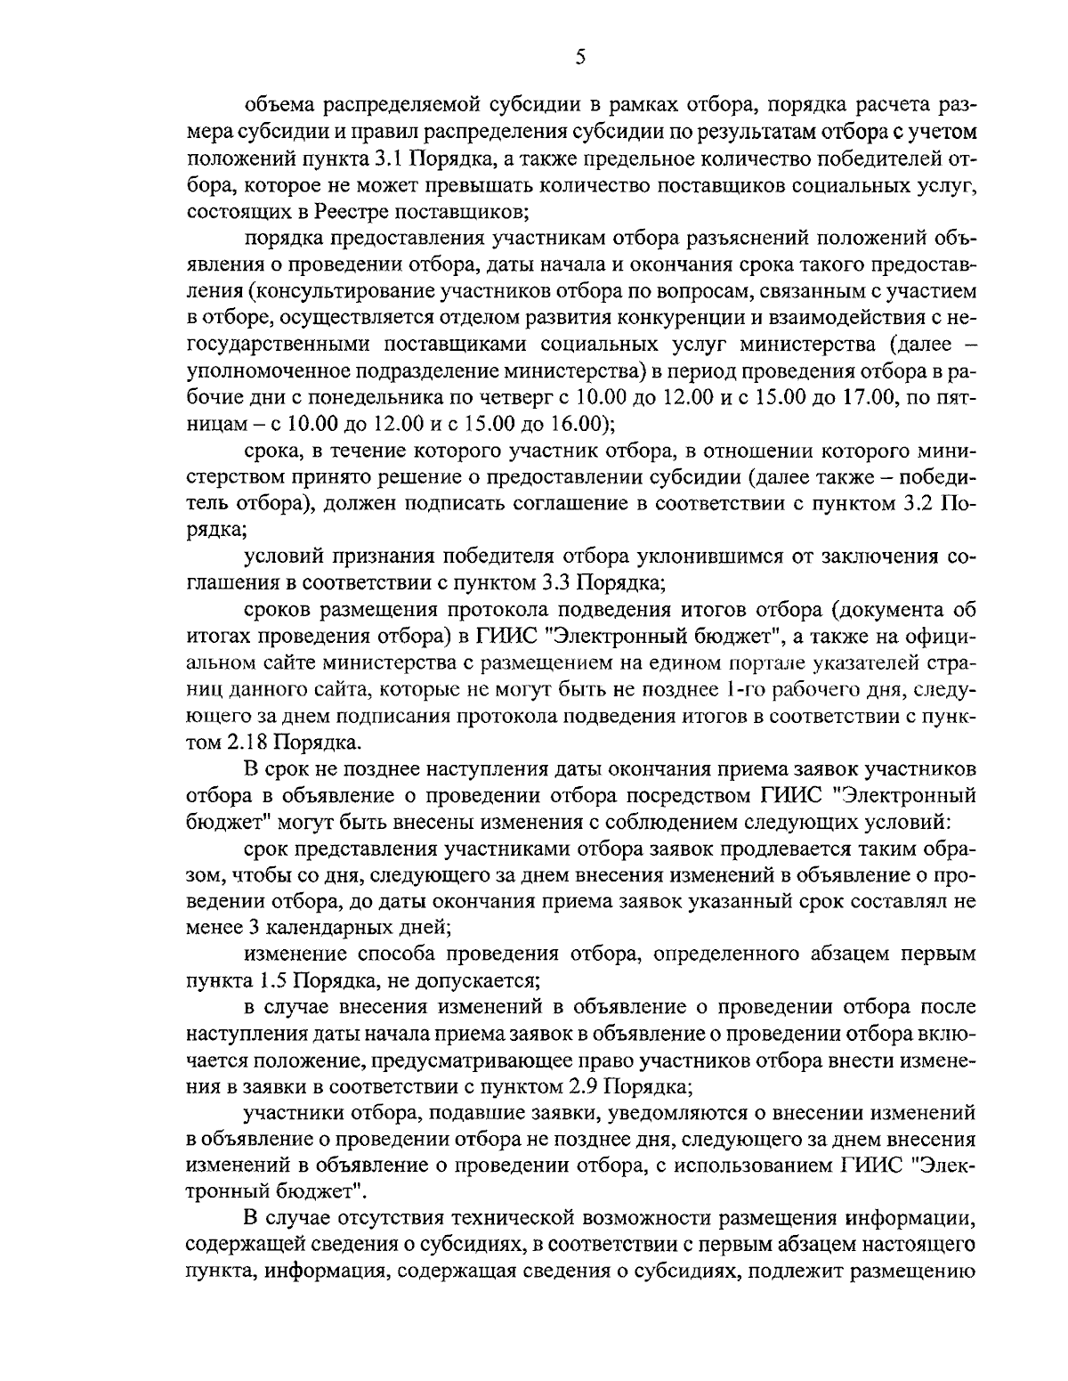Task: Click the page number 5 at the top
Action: pos(579,58)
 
